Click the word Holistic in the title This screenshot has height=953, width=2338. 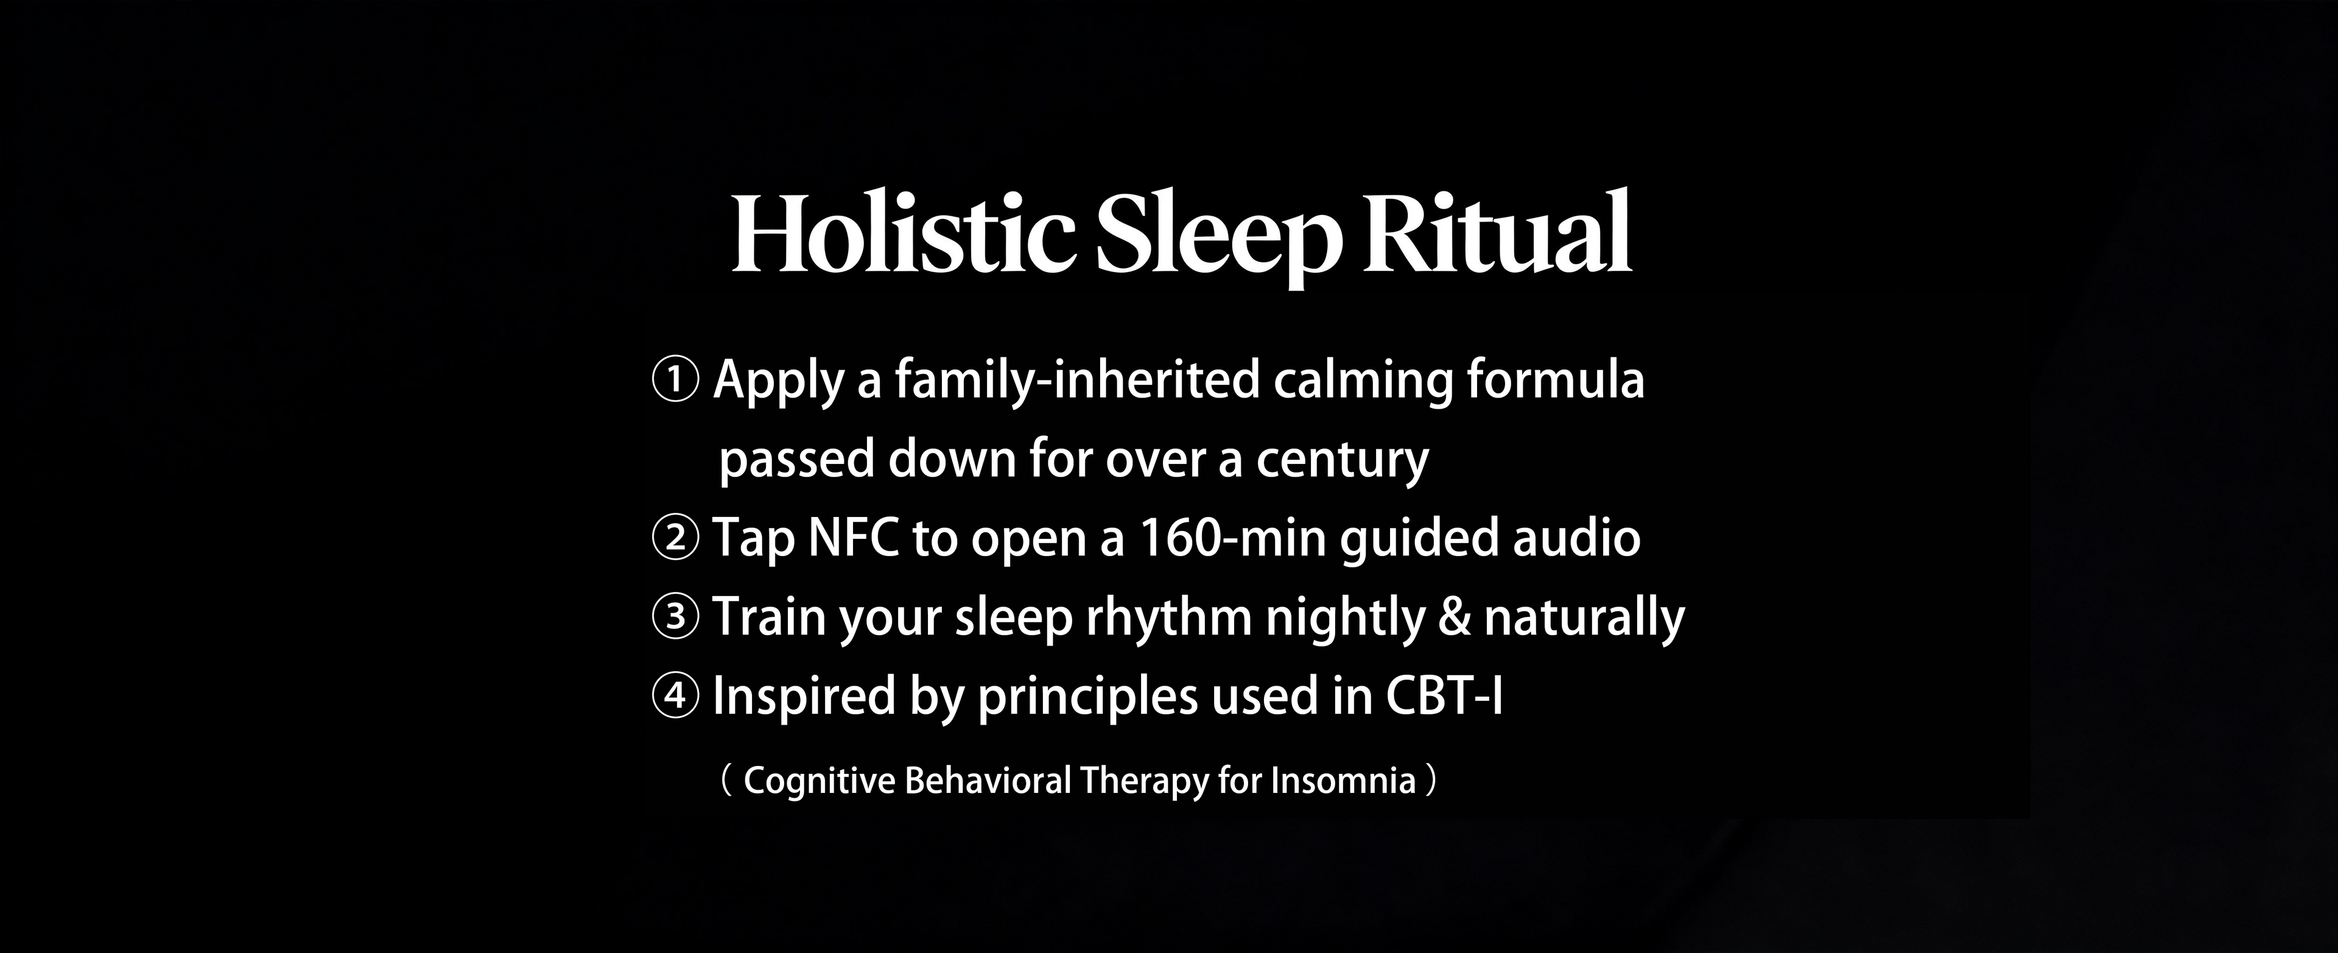[903, 233]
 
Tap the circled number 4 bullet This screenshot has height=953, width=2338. [675, 696]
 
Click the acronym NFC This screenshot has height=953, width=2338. [852, 537]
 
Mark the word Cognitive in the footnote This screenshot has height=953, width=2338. [820, 781]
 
